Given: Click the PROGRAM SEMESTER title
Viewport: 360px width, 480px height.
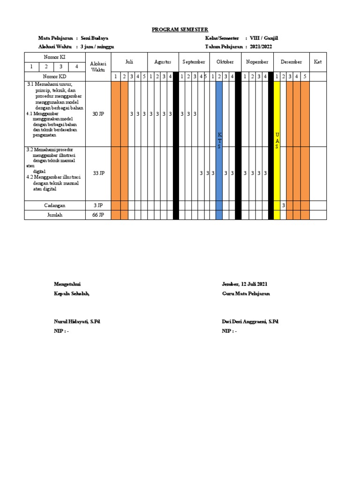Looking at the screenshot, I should [x=180, y=30].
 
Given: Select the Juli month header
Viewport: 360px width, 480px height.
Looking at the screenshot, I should [x=129, y=62].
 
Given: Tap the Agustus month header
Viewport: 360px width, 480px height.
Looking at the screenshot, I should [x=163, y=62].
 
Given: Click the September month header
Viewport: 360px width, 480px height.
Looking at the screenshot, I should [x=194, y=62].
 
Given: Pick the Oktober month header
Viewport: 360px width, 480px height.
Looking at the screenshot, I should [x=225, y=62].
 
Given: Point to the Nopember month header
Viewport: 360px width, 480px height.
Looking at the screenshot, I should [x=257, y=62].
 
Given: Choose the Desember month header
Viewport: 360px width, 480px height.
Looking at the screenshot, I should [x=291, y=62].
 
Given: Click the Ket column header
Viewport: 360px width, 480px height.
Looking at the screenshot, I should [x=318, y=62].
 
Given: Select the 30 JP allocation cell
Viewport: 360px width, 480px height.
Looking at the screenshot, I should [x=98, y=114].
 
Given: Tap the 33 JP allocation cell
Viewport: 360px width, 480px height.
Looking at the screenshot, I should [x=98, y=173].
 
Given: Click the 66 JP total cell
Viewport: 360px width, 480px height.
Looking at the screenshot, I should [x=98, y=215].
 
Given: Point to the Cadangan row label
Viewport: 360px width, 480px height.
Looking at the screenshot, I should [x=55, y=205].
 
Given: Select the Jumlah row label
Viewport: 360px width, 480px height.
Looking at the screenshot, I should [x=55, y=215].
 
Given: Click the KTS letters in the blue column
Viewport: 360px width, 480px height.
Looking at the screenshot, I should [x=219, y=141].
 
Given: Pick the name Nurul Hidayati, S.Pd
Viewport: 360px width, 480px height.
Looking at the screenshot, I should [x=77, y=322].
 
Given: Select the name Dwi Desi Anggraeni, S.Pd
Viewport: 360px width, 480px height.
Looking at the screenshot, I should [x=250, y=322].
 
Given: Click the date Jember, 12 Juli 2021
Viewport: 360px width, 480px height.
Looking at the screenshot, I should [x=245, y=284].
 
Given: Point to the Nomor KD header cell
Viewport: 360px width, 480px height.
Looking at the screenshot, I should [x=55, y=76].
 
